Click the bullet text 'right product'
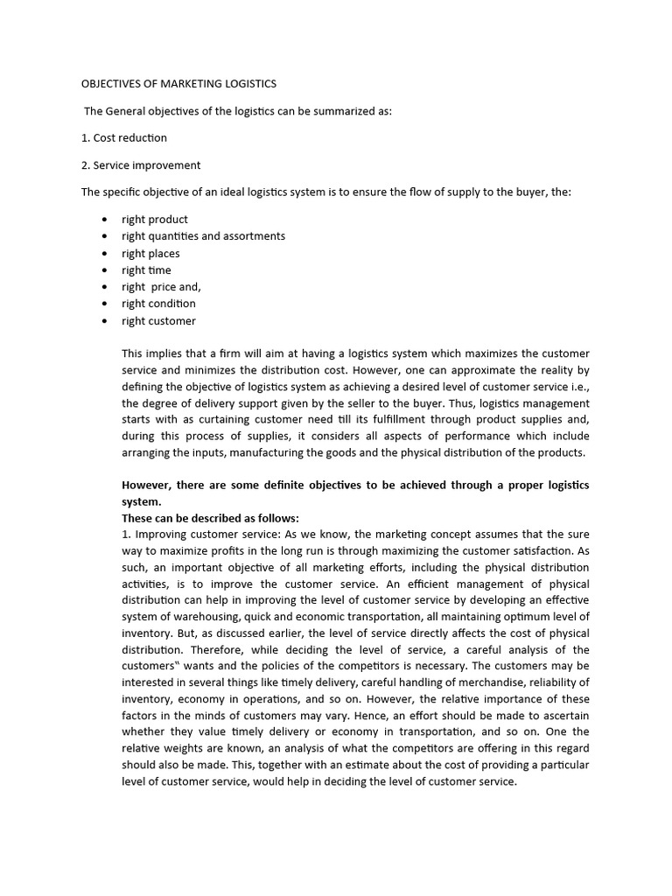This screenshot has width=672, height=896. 155,220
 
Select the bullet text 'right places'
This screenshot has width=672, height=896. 150,254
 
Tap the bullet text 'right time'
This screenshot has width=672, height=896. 146,270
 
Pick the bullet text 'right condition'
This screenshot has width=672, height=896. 158,304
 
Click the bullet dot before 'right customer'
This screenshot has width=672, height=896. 104,321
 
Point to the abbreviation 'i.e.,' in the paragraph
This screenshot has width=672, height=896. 576,386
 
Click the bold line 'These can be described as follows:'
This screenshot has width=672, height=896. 210,518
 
